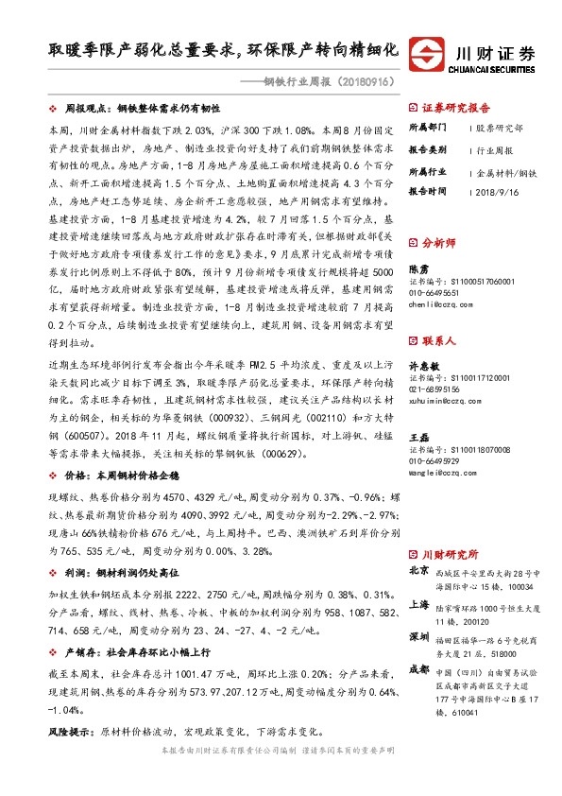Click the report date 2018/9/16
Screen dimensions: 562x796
click(497, 190)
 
